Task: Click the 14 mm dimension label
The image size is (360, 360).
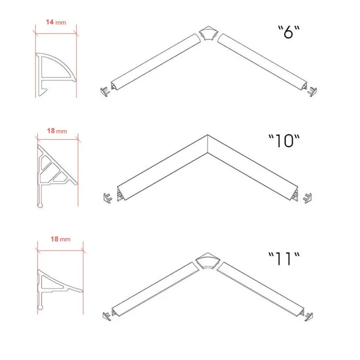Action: click(x=56, y=22)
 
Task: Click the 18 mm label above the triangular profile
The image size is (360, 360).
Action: click(x=57, y=131)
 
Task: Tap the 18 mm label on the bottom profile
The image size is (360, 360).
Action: click(x=60, y=239)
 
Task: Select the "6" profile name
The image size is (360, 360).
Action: click(x=289, y=32)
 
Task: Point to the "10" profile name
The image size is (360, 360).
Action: click(x=284, y=141)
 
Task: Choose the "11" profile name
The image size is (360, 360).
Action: click(x=284, y=259)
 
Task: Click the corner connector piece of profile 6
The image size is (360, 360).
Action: click(x=208, y=33)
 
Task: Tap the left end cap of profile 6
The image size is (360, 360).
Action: click(x=105, y=92)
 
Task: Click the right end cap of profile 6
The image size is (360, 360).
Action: click(x=312, y=92)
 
